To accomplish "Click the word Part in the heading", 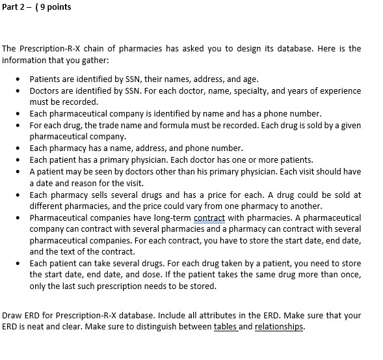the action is click(x=10, y=7).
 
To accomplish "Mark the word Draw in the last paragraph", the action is click(x=12, y=315).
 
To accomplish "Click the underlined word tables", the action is click(x=226, y=327).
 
